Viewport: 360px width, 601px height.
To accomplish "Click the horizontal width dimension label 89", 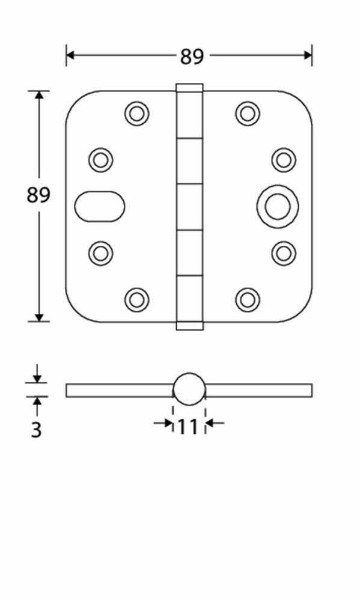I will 192,56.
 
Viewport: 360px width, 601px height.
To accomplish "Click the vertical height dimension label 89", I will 38,195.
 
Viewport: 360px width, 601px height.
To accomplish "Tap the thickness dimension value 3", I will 37,430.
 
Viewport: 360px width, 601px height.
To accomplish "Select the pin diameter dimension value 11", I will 188,427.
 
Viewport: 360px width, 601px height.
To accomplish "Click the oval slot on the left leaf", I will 100,206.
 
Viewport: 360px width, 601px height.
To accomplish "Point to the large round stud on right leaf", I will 278,206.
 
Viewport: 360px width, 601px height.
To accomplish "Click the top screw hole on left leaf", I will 137,113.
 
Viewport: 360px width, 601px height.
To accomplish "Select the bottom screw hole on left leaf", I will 137,299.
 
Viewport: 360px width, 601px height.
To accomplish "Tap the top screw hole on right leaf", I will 248,113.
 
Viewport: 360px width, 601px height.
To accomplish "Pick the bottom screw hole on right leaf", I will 248,299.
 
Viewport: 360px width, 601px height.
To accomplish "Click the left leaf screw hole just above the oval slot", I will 101,160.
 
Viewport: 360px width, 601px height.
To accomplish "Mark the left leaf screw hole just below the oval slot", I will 101,253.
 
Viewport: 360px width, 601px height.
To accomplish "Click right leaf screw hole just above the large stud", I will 284,160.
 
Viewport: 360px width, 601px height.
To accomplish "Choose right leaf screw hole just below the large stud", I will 284,253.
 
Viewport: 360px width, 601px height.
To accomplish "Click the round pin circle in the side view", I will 189,389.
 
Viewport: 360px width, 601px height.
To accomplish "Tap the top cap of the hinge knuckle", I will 189,87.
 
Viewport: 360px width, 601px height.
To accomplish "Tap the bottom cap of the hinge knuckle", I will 189,326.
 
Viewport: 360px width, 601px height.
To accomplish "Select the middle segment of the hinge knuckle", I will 189,206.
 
